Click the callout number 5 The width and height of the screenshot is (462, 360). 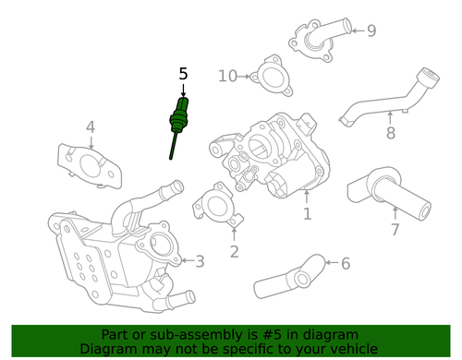(183, 73)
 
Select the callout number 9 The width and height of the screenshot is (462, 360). (371, 31)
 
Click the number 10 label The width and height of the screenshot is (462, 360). (228, 76)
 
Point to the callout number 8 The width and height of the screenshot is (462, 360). (390, 134)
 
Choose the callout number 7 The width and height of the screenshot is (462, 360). (395, 230)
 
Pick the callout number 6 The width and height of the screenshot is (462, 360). (346, 265)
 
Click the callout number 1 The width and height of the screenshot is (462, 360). (307, 215)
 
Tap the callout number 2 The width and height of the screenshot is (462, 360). (234, 251)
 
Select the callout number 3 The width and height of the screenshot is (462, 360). (200, 262)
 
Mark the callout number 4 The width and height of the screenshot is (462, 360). (91, 127)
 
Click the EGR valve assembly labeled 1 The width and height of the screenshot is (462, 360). (273, 152)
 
